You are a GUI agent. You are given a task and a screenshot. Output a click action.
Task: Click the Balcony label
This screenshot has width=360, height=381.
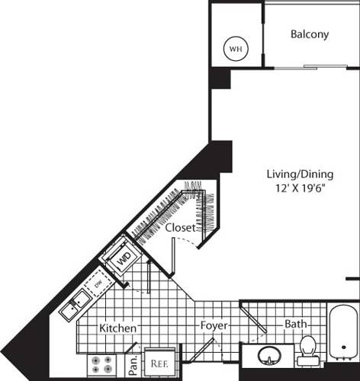click(310, 34)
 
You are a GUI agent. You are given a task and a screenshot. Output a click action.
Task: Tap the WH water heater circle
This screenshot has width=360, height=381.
click(236, 50)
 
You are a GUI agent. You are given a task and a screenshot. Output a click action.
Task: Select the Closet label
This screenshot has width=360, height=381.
click(180, 227)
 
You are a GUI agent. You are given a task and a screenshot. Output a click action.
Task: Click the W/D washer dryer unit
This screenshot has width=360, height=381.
click(122, 258)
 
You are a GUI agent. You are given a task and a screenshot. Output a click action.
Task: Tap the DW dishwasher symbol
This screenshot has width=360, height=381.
click(98, 285)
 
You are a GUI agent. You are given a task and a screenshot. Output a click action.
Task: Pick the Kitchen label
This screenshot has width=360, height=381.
click(118, 328)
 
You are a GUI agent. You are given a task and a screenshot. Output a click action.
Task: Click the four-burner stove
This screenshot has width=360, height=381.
click(103, 364)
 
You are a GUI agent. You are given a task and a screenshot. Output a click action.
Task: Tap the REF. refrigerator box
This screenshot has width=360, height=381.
click(159, 363)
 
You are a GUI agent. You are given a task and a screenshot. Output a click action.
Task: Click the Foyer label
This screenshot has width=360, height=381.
click(214, 326)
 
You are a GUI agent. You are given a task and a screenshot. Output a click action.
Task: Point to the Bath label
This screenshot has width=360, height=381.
click(296, 324)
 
